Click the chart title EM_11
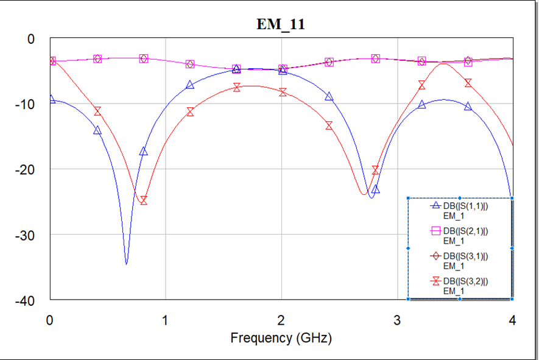coord(281,24)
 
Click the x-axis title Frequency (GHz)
coord(281,337)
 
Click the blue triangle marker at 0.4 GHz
coord(97,130)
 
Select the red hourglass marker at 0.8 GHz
coord(143,200)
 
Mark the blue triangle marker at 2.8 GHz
coord(375,189)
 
